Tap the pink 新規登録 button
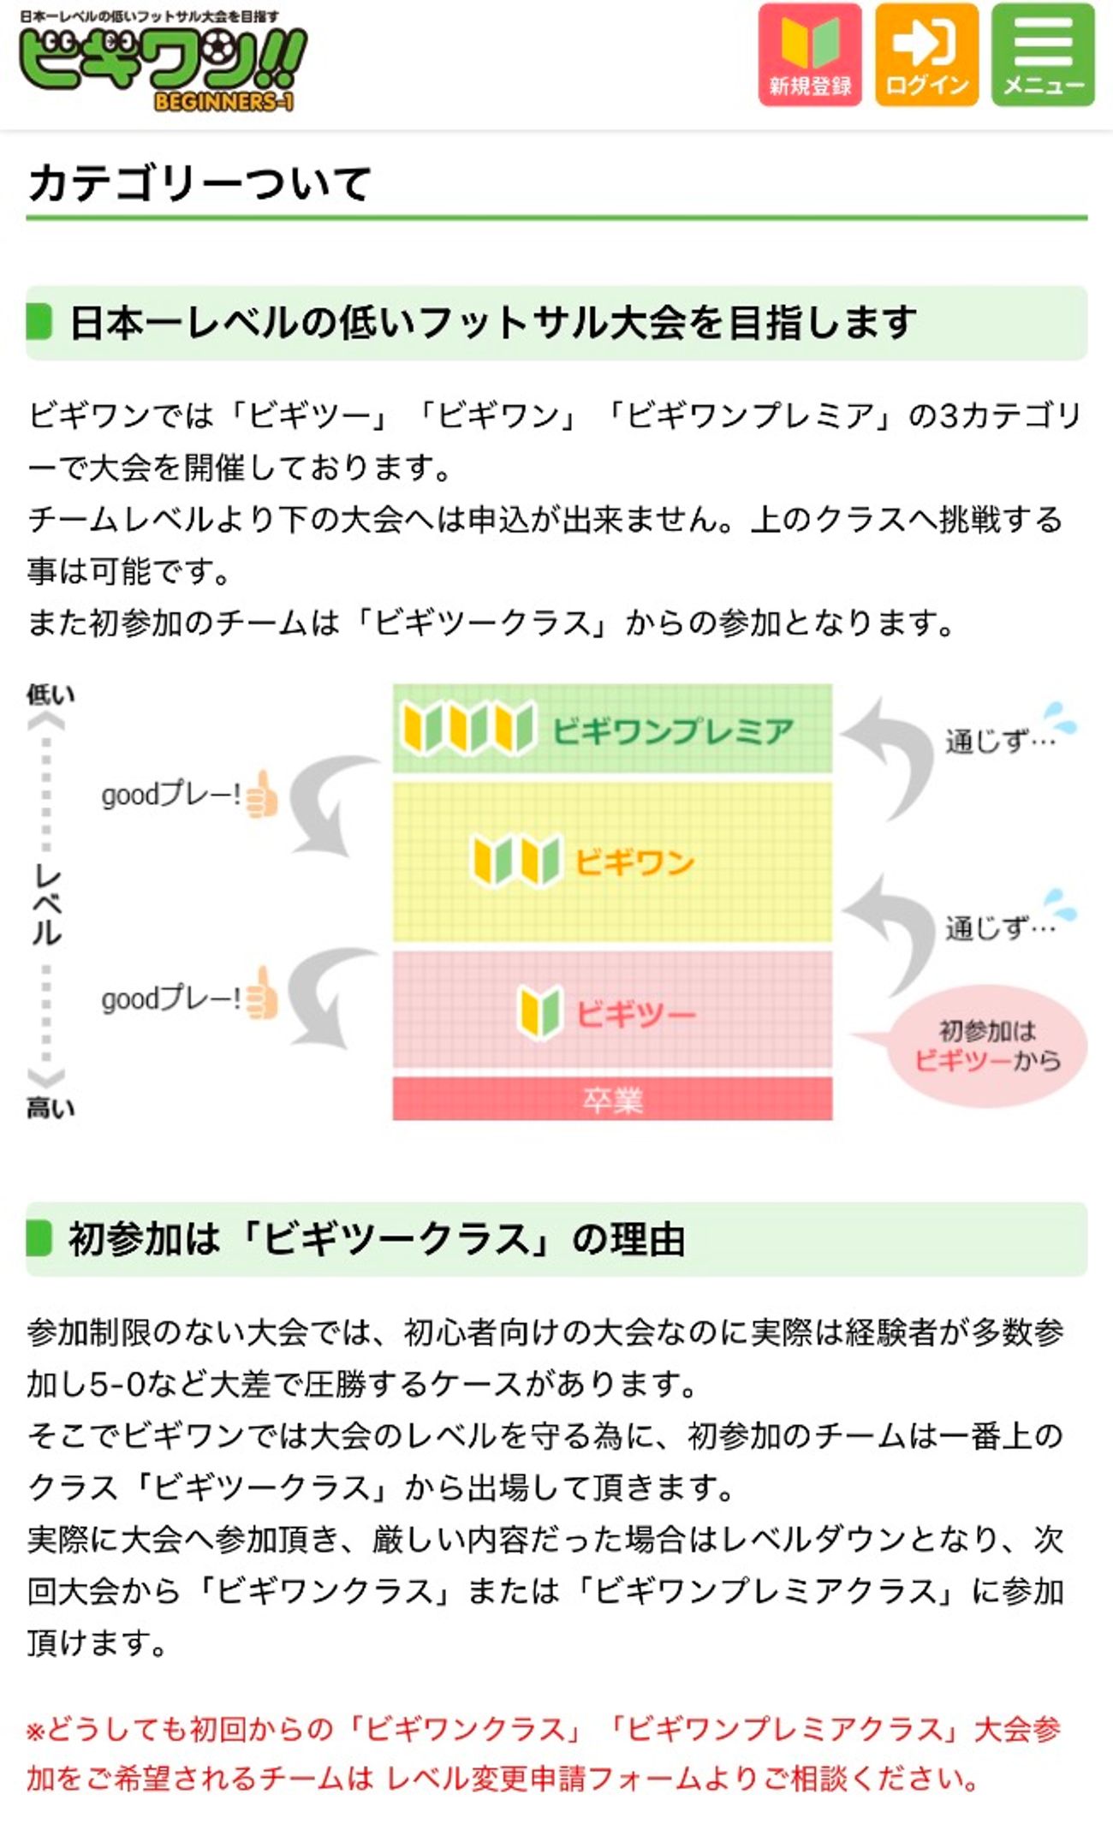point(809,55)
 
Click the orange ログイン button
point(926,55)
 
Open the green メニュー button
point(1043,55)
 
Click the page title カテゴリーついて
point(199,183)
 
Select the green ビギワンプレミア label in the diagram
point(673,731)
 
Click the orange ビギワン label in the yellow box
point(634,862)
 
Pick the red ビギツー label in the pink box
point(635,1014)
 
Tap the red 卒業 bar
point(612,1100)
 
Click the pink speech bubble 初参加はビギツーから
point(988,1046)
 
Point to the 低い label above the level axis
point(51,694)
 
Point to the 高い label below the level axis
point(51,1108)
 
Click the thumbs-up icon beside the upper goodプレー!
point(262,795)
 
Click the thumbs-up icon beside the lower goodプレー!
point(262,995)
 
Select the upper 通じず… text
point(999,740)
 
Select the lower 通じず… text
point(999,927)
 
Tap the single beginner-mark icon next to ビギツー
point(540,1011)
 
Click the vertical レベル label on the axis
point(47,904)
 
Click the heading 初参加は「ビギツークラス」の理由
point(377,1238)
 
